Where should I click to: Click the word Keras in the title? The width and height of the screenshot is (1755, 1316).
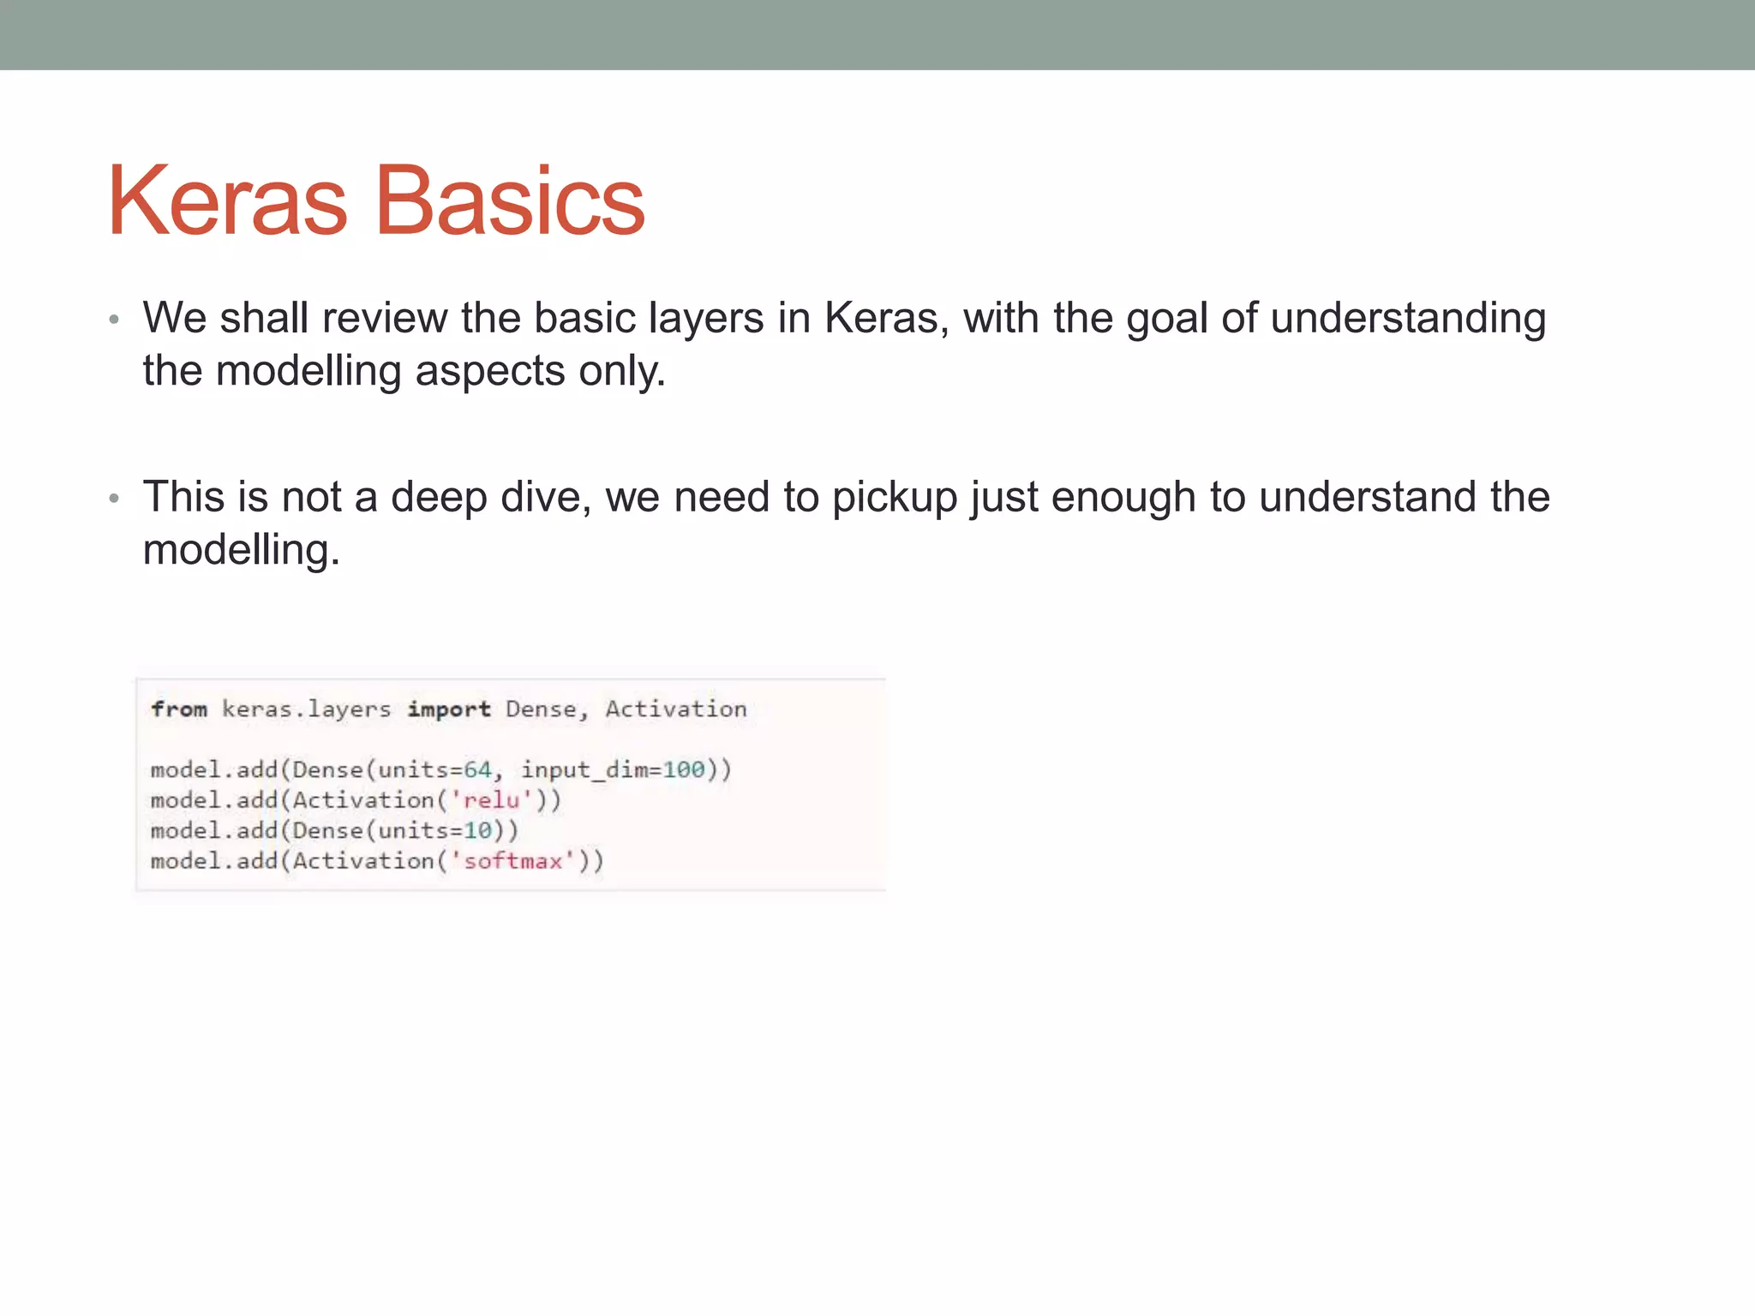227,201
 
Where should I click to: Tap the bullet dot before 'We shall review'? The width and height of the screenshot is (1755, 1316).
114,320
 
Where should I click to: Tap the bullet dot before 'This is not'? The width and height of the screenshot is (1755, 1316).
114,499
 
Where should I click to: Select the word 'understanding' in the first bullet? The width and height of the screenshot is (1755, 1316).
1408,319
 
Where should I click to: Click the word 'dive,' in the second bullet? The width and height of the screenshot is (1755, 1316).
546,498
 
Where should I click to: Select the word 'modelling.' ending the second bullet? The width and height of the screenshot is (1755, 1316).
241,550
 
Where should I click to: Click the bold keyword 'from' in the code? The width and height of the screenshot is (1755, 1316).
179,709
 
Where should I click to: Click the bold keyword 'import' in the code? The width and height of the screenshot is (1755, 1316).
449,709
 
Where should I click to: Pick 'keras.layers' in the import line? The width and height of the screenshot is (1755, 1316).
306,709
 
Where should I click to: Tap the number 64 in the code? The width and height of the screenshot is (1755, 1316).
477,769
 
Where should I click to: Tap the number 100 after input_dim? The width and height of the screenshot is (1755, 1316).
683,769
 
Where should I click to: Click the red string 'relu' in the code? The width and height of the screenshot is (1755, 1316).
492,800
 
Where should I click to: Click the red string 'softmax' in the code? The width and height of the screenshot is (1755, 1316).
512,861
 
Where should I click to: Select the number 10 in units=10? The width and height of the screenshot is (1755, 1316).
477,830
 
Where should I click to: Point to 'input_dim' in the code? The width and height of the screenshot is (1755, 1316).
584,769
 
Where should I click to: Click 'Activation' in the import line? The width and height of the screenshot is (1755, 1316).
676,709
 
